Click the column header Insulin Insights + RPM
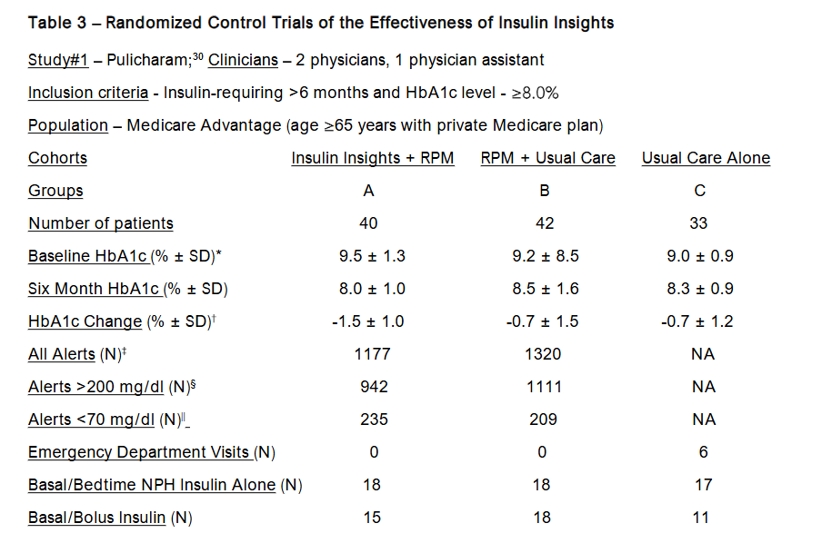tap(372, 158)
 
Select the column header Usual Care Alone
tap(706, 158)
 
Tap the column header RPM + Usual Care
tap(547, 158)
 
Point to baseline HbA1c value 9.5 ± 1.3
tap(372, 256)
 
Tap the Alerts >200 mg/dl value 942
tap(372, 387)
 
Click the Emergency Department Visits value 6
tap(704, 452)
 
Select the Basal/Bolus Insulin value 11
tap(704, 518)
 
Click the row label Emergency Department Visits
tap(139, 452)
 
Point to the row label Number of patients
tap(100, 223)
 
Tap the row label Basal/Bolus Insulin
tap(96, 518)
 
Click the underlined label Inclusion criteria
tap(87, 93)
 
